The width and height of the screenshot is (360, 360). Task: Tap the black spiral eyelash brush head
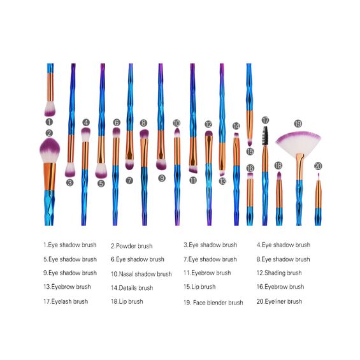click(x=265, y=136)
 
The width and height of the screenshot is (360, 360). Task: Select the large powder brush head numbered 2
click(x=50, y=150)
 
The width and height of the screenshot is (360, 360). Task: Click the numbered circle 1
click(x=49, y=122)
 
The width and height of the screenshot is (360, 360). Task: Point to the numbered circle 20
click(x=318, y=166)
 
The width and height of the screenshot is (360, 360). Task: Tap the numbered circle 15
click(x=250, y=151)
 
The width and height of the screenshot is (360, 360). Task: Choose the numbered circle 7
click(x=129, y=181)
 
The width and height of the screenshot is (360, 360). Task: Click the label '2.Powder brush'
click(x=131, y=246)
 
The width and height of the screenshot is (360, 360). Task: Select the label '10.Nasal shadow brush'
click(x=141, y=274)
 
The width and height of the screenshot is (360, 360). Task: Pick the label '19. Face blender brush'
click(x=213, y=303)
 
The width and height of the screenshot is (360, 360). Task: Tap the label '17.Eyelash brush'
click(x=66, y=301)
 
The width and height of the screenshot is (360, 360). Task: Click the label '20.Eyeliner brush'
click(x=279, y=301)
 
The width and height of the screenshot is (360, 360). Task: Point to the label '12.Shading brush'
click(x=279, y=273)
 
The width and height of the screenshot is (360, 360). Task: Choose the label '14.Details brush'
click(x=132, y=288)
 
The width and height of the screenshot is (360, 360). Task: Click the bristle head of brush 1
click(x=50, y=109)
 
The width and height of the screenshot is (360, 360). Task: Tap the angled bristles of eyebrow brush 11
click(x=193, y=169)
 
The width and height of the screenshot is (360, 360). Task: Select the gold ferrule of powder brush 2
click(x=50, y=176)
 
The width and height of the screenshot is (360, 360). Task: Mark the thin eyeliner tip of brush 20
click(x=318, y=176)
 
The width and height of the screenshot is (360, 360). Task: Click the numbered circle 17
click(x=265, y=120)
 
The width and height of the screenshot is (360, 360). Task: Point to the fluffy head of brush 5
click(x=101, y=171)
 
